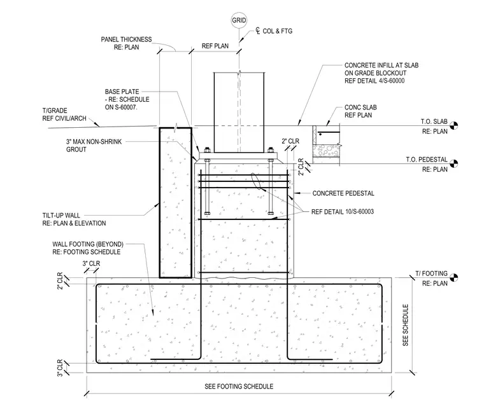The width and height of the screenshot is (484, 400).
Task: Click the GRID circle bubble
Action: click(239, 20)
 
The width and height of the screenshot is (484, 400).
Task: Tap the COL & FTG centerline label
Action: click(274, 31)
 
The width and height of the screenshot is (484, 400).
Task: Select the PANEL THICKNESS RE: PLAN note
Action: click(126, 43)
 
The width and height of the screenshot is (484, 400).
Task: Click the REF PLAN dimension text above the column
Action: click(215, 46)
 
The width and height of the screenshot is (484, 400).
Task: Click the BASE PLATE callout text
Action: click(127, 99)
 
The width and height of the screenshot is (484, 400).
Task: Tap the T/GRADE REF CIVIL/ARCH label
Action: click(64, 114)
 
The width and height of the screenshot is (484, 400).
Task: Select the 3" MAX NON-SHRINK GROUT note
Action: click(94, 146)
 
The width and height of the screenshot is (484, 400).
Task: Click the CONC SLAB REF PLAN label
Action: click(360, 111)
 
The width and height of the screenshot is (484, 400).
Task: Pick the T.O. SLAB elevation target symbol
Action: click(453, 125)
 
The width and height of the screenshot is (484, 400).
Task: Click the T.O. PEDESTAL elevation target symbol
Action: click(453, 163)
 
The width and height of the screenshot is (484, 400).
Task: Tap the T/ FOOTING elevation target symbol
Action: click(453, 277)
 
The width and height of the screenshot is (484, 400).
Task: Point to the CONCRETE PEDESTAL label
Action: click(343, 193)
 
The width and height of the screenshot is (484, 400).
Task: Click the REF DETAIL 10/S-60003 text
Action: click(343, 212)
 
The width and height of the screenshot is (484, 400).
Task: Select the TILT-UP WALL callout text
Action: click(74, 219)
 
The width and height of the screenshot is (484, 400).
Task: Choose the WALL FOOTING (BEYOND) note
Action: click(88, 248)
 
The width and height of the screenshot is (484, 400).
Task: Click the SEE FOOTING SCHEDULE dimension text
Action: click(239, 387)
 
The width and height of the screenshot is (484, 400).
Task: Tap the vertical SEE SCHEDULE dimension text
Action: click(405, 325)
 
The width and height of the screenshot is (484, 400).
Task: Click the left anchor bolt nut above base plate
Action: click(207, 150)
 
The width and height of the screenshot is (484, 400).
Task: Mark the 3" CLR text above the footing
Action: click(91, 264)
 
